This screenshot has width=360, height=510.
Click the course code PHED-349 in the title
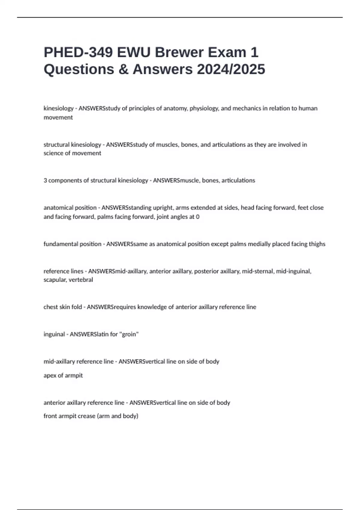point(78,52)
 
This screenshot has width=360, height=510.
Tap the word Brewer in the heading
point(179,52)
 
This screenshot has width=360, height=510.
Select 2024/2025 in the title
point(231,69)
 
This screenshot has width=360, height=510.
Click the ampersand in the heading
point(123,69)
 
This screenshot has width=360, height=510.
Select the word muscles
point(167,145)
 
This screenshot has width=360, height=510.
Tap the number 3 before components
point(45,180)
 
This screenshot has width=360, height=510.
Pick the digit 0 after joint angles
point(197,217)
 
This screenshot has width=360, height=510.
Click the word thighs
point(316,244)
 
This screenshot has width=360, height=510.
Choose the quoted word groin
point(129,334)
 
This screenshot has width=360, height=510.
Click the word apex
point(50,375)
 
